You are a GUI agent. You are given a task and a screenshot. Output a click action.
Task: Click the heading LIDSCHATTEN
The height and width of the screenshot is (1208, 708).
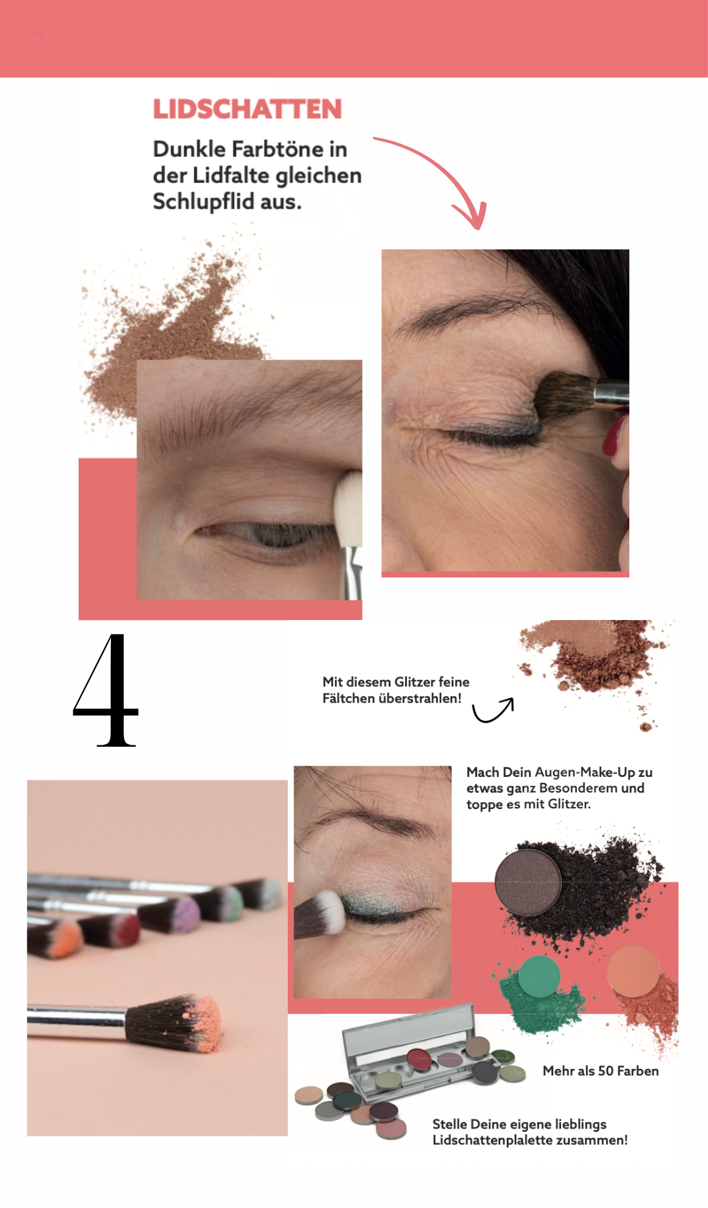tap(247, 109)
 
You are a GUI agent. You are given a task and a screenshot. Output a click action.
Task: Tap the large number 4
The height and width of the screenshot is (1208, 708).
tap(106, 690)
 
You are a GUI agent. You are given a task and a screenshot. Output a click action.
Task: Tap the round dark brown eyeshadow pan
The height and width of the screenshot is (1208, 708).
tap(528, 883)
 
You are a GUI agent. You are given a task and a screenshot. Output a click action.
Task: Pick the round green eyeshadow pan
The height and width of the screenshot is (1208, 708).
tap(539, 976)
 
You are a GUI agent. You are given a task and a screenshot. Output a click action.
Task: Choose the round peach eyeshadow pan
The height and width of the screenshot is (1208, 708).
tap(633, 971)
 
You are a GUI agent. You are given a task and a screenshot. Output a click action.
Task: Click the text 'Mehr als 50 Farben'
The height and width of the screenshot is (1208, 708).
tap(600, 1071)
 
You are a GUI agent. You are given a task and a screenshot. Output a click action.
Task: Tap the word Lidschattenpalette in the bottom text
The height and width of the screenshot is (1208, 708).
tap(492, 1140)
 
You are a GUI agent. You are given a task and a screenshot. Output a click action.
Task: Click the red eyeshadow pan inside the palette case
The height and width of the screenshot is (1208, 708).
tap(419, 1057)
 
